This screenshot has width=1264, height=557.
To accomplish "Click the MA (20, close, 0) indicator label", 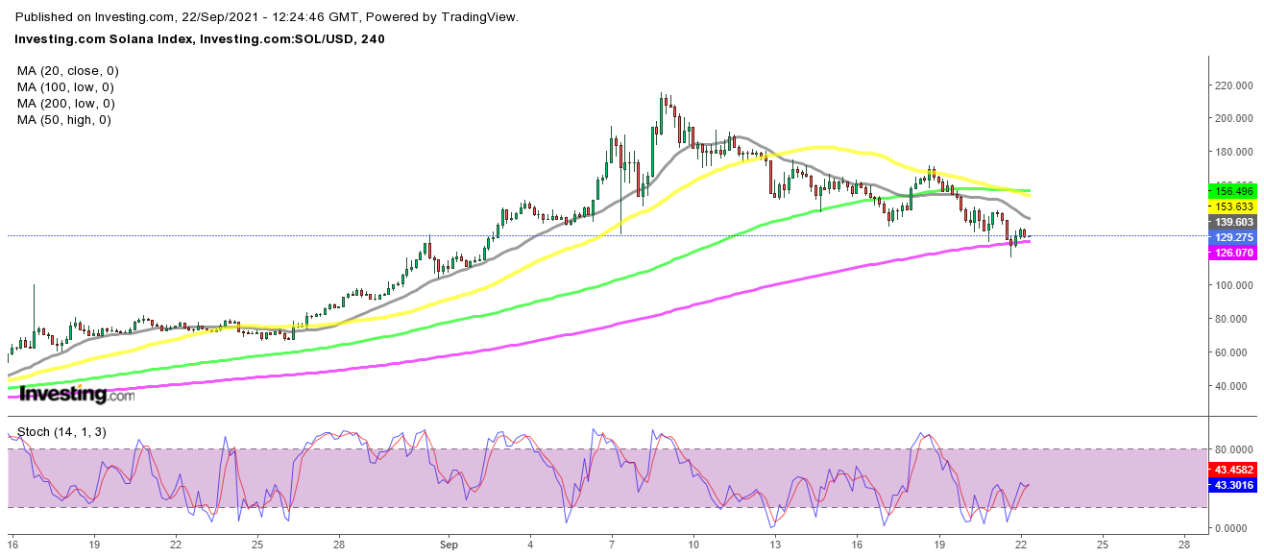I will pos(68,71).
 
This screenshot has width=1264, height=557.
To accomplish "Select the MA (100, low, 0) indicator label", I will pos(66,87).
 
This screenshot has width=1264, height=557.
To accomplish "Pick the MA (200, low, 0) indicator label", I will pos(66,104).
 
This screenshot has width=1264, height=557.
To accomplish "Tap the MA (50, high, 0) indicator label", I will pos(64,120).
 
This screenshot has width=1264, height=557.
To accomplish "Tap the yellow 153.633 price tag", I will pos(1233,206).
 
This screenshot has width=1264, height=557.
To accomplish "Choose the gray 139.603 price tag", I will pos(1233,222).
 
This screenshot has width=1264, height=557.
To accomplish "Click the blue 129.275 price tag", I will pos(1233,237).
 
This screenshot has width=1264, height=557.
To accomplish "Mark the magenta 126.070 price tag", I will pos(1233,254).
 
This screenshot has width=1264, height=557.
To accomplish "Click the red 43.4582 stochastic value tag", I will pos(1233,470).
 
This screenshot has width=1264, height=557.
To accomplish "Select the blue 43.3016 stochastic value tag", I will pos(1233,485).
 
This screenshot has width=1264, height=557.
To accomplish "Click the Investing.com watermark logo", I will pos(77,394).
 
